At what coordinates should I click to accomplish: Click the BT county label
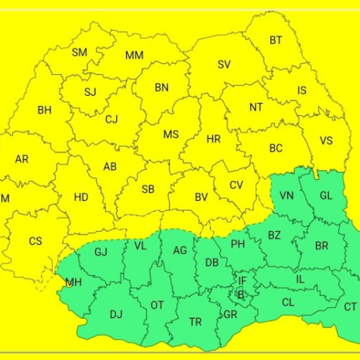(x=276, y=41)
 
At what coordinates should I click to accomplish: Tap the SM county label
(x=79, y=53)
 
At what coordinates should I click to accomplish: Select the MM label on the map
(x=134, y=55)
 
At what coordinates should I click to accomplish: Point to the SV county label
(x=224, y=65)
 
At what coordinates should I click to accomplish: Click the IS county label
(x=302, y=91)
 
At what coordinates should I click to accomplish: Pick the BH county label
(x=45, y=110)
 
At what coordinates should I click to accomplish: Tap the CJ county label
(x=112, y=120)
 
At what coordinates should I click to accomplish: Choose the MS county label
(x=171, y=135)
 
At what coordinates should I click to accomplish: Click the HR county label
(x=213, y=139)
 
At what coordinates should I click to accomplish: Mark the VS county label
(x=326, y=141)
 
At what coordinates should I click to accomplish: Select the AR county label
(x=22, y=158)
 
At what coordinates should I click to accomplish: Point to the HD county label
(x=81, y=197)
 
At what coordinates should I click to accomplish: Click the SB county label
(x=148, y=189)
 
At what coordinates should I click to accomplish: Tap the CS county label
(x=35, y=241)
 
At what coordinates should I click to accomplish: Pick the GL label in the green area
(x=326, y=196)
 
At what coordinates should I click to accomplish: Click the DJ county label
(x=117, y=314)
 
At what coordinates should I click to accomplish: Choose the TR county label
(x=196, y=322)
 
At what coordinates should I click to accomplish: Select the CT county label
(x=350, y=307)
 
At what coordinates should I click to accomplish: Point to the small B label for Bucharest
(x=240, y=294)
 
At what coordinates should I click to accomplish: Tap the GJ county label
(x=101, y=252)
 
